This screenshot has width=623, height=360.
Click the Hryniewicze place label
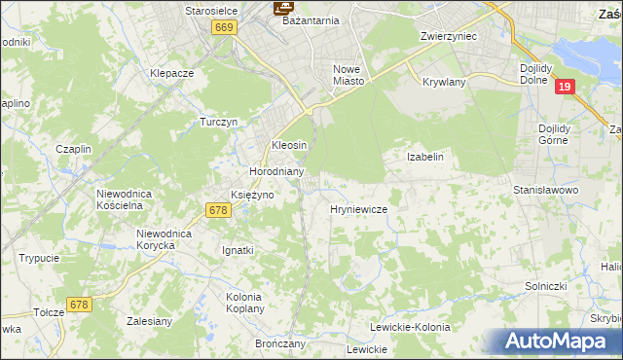[x=359, y=209]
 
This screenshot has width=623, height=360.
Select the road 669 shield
[x=224, y=28]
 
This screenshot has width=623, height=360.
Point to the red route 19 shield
[x=564, y=87]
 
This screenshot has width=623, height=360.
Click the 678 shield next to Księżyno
[x=218, y=209]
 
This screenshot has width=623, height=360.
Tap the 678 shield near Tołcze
[x=80, y=305]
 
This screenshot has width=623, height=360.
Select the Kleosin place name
[x=289, y=144]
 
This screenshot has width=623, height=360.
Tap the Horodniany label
[x=277, y=171]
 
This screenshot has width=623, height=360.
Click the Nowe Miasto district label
[x=348, y=75]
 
